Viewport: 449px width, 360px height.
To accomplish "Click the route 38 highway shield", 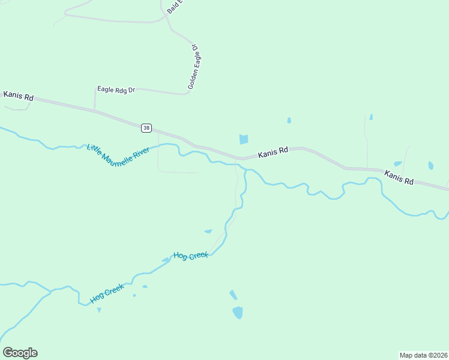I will [146, 128].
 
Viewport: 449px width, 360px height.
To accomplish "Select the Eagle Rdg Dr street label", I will [116, 89].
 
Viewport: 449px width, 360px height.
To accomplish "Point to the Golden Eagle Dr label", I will [193, 67].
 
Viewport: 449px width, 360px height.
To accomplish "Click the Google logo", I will [20, 353].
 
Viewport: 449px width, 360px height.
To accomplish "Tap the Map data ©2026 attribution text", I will [423, 355].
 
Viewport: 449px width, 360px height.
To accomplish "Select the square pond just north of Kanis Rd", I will [243, 139].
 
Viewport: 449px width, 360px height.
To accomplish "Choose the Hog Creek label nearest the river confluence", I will [191, 256].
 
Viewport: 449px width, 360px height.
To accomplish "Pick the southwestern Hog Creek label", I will [107, 293].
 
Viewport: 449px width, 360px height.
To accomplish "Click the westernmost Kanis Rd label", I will [19, 95].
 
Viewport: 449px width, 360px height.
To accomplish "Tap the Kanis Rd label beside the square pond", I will [273, 154].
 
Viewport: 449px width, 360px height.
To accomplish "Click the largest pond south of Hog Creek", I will [238, 313].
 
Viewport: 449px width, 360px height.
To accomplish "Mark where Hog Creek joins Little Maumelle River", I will [245, 171].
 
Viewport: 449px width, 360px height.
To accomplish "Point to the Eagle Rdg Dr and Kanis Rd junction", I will [94, 111].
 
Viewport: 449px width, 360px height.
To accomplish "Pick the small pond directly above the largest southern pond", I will [233, 295].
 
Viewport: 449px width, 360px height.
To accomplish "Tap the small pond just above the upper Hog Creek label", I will [208, 231].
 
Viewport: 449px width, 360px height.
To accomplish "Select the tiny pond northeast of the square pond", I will [289, 121].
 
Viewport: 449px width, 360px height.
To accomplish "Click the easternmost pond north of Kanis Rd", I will [430, 166].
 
